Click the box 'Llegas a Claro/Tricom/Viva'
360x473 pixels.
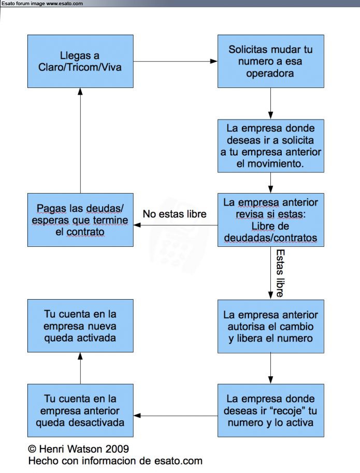[x=80, y=61]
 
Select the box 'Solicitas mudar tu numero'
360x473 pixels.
[x=270, y=61]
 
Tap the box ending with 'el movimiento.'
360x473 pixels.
[x=270, y=146]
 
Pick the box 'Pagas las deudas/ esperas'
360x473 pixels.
[x=80, y=220]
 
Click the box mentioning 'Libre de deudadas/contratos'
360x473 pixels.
[x=270, y=220]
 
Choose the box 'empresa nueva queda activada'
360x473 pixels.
[x=80, y=326]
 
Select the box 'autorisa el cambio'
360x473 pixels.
[x=270, y=327]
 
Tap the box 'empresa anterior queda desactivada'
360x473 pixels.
[x=80, y=410]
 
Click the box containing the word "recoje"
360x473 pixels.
[x=270, y=410]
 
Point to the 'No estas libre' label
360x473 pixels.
[x=175, y=214]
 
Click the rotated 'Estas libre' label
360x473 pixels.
[x=280, y=273]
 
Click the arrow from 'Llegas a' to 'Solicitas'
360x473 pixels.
[x=176, y=61]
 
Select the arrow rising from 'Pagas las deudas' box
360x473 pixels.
[x=80, y=141]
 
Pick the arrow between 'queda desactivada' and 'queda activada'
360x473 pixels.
[x=80, y=368]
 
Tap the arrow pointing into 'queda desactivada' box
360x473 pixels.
[x=176, y=416]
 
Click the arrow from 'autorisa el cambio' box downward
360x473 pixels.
[x=270, y=368]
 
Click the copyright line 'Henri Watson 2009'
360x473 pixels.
[x=79, y=449]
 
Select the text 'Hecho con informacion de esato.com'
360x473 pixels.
[x=116, y=461]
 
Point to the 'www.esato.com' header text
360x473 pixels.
[x=64, y=4]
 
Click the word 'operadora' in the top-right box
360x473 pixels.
[x=270, y=73]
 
